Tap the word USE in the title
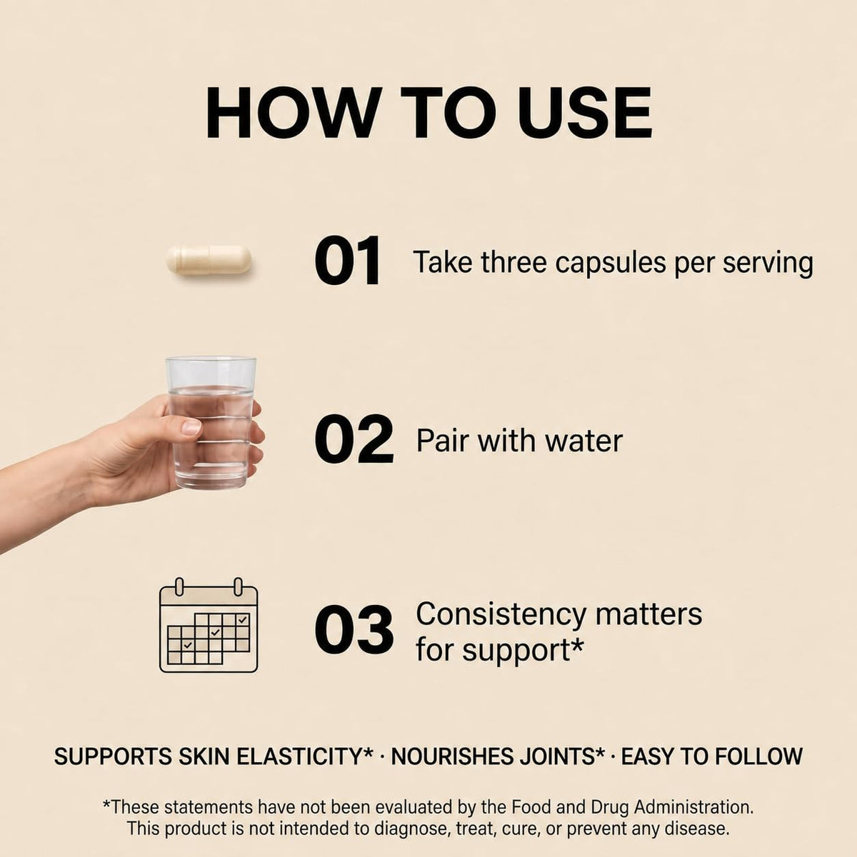click(574, 113)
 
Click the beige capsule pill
click(208, 260)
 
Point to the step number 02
click(354, 439)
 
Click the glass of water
click(211, 423)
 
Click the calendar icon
click(209, 625)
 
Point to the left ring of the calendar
click(179, 586)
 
